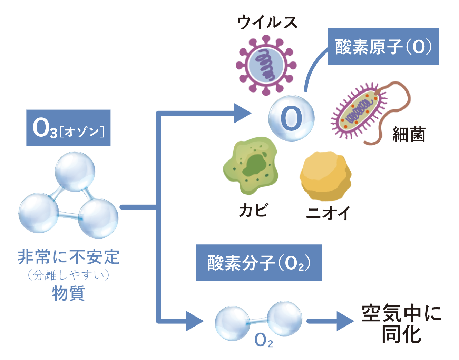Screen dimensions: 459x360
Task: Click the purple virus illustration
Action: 266,65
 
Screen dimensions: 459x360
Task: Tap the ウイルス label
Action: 267,22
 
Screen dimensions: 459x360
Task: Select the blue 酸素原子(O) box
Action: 383,47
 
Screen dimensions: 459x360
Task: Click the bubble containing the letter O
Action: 292,118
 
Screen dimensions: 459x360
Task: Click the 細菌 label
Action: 409,134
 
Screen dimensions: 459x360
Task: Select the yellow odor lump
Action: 325,176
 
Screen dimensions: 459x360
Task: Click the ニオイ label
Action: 328,213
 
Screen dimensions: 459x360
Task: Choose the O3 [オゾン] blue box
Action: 68,128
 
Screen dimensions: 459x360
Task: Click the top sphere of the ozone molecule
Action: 75,172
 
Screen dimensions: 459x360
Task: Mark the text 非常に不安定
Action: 68,257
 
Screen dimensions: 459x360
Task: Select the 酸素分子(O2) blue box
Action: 259,263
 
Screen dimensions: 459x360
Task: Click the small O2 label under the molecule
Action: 263,340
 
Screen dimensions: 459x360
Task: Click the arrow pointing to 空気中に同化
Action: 330,321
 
